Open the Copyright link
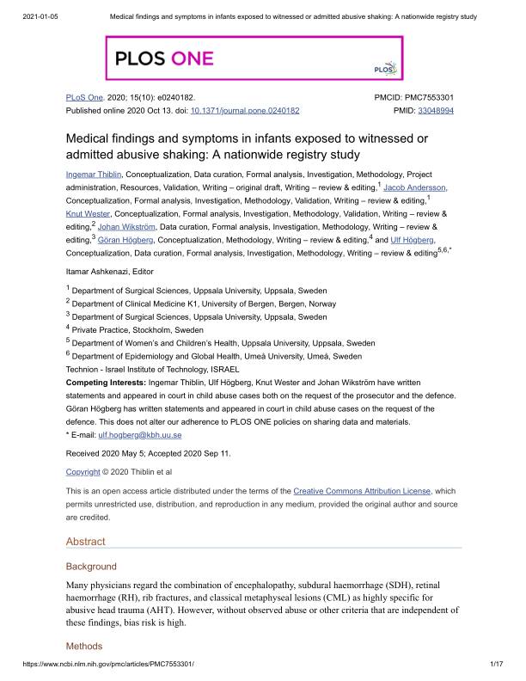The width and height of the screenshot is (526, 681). (x=83, y=472)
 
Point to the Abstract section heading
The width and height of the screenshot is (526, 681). (x=86, y=542)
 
